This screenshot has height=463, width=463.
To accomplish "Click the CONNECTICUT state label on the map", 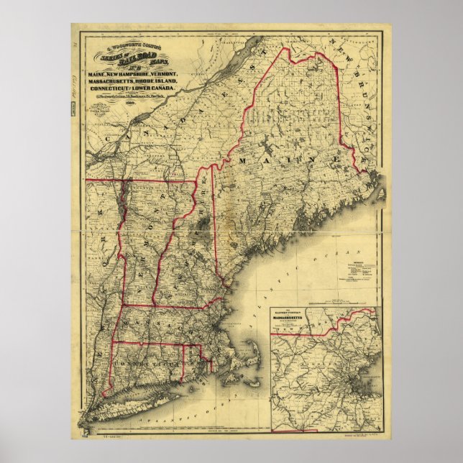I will click(154, 366).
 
